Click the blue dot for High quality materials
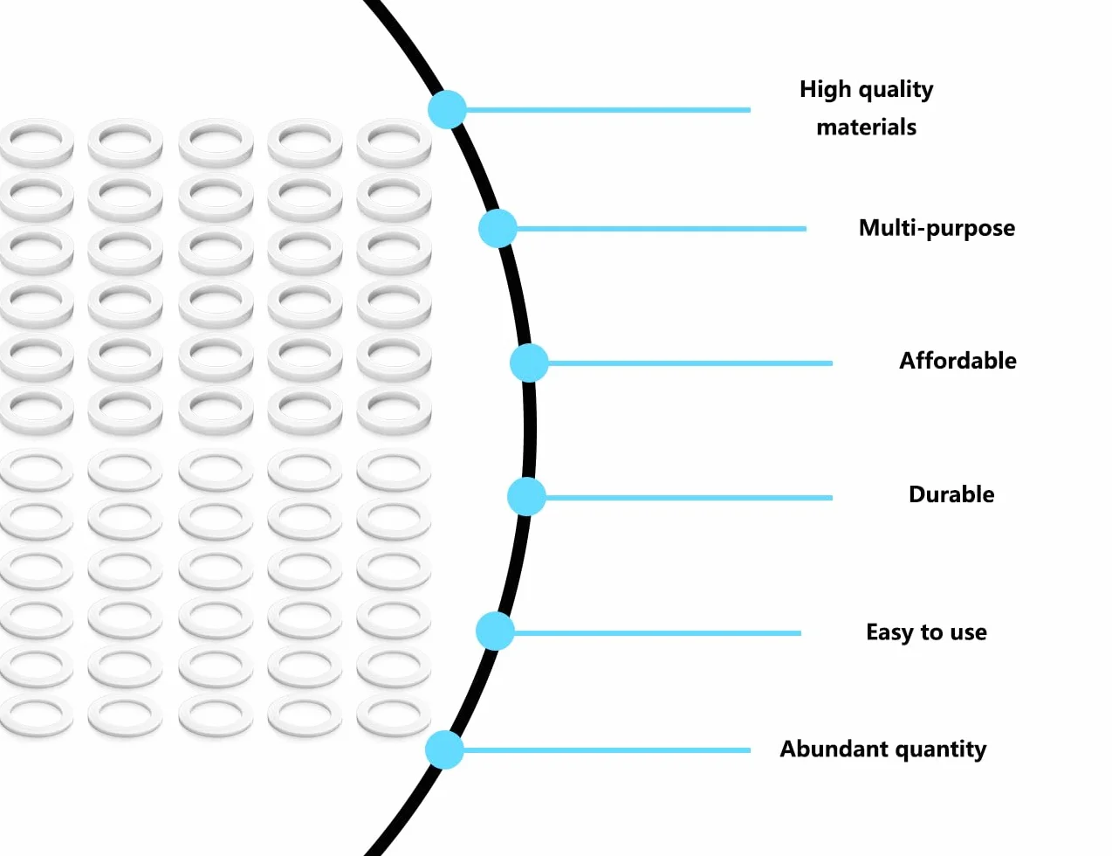click(x=447, y=109)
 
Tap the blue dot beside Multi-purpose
click(x=498, y=228)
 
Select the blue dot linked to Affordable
click(x=529, y=363)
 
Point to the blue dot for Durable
click(x=526, y=497)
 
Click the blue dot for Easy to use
click(x=495, y=632)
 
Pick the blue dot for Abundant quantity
click(x=444, y=749)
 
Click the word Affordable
click(x=958, y=361)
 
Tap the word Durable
click(x=951, y=494)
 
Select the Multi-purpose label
click(x=937, y=228)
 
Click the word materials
click(x=867, y=127)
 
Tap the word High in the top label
click(x=826, y=90)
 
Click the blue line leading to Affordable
click(x=690, y=363)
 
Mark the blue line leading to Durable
click(x=689, y=497)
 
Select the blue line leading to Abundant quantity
click(x=607, y=750)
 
